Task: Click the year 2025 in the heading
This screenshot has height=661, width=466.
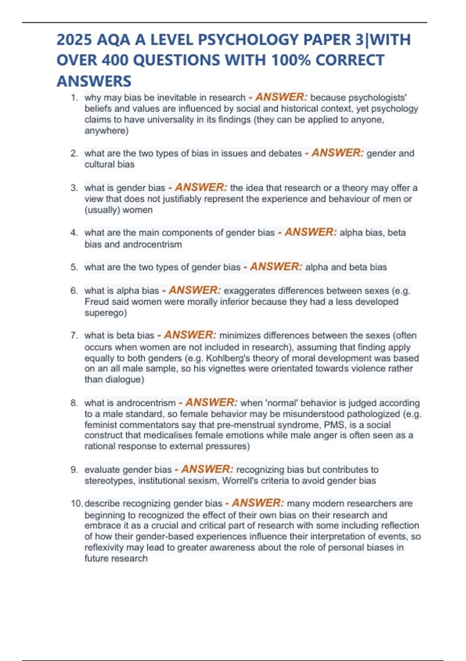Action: [74, 40]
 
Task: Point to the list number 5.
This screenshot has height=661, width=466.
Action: [74, 267]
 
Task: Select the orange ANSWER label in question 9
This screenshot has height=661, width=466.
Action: [207, 469]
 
